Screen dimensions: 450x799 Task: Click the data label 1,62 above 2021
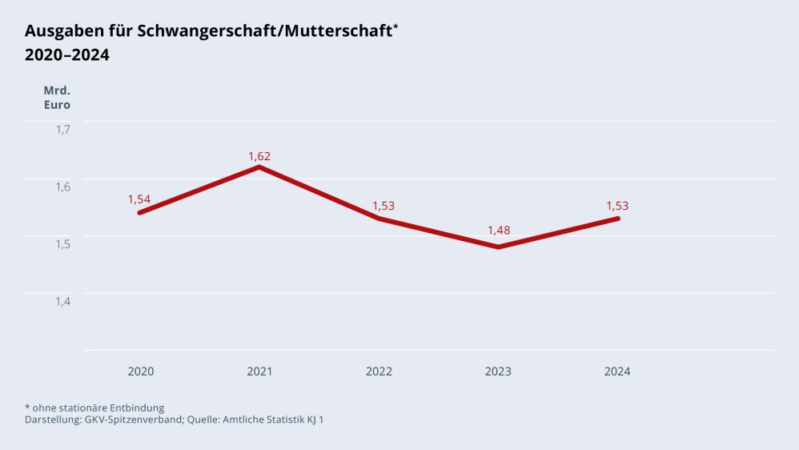pos(259,156)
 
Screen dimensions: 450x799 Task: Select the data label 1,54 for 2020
pos(139,199)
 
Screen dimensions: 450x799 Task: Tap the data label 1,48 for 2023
pos(499,231)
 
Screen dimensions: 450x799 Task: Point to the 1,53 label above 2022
pos(383,206)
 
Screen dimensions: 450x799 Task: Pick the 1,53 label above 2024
pos(617,206)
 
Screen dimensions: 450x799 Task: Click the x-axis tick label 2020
pos(141,372)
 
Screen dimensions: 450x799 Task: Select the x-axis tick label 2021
pos(259,372)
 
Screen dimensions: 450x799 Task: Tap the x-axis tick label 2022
pos(379,372)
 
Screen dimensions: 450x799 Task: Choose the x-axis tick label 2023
pos(498,372)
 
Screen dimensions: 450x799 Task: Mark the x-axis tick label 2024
pos(617,372)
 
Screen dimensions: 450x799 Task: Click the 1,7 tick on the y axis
pos(62,129)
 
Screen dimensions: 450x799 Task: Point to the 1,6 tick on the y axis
pos(62,187)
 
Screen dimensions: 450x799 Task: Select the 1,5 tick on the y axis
pos(62,243)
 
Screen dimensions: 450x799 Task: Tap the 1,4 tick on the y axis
pos(62,301)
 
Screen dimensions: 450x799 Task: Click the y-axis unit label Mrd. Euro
pos(57,97)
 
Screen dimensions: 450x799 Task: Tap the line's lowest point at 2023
pos(498,247)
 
